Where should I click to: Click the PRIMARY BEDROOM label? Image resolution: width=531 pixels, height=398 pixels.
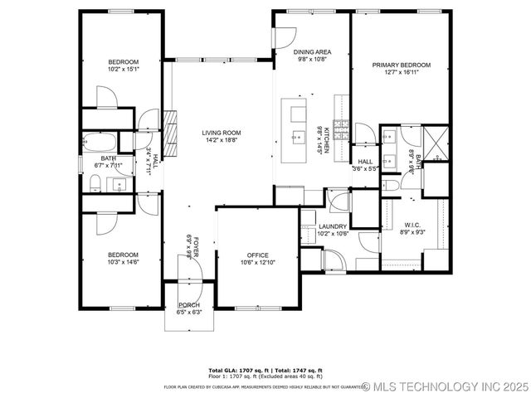[402, 65]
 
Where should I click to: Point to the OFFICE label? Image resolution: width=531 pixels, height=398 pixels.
[258, 255]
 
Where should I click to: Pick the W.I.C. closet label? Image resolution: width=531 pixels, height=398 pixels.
[413, 226]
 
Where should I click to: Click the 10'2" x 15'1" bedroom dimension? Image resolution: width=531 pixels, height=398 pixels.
[123, 70]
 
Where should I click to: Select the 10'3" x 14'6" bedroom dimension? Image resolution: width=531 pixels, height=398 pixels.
[122, 262]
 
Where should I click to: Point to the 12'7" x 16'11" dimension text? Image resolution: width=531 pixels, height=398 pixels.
[402, 72]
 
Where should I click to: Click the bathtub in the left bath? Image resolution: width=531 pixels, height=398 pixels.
[100, 140]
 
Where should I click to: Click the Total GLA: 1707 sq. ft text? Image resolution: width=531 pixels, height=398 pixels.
[235, 369]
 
